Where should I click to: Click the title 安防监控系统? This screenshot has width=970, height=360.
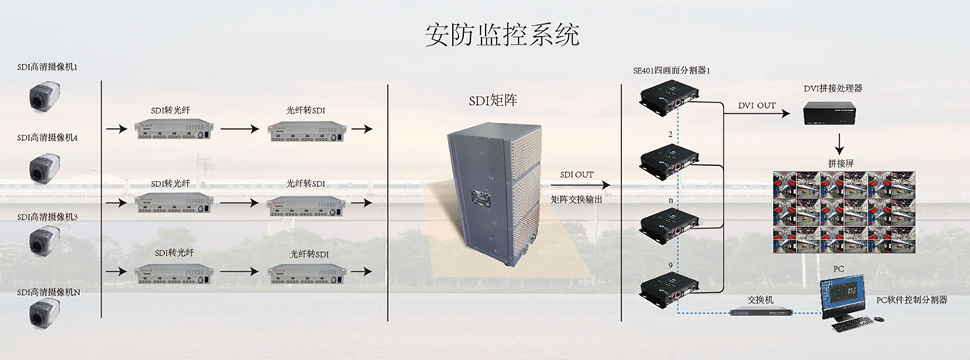[502, 34]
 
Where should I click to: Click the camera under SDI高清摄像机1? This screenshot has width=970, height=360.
[45, 98]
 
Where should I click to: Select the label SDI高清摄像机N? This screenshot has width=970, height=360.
[48, 293]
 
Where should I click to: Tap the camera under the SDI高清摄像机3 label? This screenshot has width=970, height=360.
[45, 241]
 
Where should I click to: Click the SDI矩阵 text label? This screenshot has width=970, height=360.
[493, 100]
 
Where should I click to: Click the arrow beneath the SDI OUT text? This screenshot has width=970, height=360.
[580, 185]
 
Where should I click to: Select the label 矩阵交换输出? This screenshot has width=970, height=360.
[577, 200]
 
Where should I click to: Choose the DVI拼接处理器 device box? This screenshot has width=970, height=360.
[829, 113]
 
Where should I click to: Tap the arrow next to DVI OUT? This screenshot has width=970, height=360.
[757, 113]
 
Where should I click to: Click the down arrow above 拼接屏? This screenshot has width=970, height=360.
[839, 144]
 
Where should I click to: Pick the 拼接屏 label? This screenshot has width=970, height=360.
[841, 164]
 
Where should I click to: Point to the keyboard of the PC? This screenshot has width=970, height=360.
[852, 324]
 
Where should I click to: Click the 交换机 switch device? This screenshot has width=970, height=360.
[761, 311]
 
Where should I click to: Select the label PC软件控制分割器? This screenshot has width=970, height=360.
[911, 300]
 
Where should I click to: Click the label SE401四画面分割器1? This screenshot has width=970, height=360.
[672, 70]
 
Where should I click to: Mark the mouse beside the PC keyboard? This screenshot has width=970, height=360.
[878, 320]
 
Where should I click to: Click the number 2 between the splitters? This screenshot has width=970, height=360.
[670, 135]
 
